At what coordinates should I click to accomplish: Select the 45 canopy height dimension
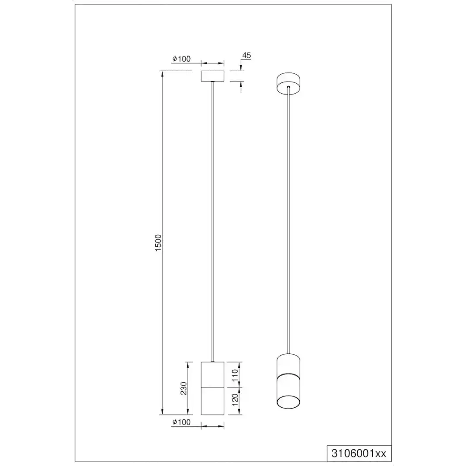coord(247,56)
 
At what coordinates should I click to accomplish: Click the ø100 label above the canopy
coord(182,59)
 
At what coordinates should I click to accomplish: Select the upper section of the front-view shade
coord(213,374)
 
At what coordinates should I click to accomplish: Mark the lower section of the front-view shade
coord(213,401)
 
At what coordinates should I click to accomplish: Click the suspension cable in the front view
coord(213,216)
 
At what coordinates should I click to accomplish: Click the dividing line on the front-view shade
coord(213,387)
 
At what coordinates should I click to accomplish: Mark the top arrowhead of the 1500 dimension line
coord(162,74)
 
